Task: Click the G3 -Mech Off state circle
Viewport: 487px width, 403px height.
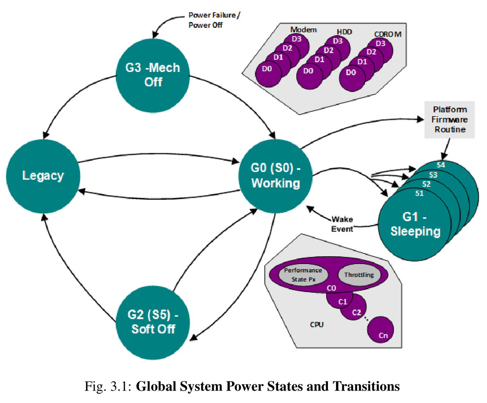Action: point(153,75)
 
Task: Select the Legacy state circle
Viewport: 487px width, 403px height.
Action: point(43,176)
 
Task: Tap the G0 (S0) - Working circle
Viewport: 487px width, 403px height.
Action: point(275,176)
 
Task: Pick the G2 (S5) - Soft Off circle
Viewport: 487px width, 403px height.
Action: point(153,322)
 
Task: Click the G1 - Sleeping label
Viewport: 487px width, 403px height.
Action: point(415,224)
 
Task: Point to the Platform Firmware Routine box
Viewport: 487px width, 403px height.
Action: point(449,119)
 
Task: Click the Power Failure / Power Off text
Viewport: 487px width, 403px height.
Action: point(214,20)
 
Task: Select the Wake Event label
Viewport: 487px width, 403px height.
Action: point(342,224)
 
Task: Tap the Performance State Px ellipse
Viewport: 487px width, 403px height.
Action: point(303,274)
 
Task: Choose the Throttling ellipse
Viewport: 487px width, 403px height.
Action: point(359,275)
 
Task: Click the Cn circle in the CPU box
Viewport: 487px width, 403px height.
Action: point(381,330)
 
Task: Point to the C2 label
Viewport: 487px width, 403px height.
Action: point(356,312)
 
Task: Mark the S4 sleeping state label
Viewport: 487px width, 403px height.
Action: point(441,165)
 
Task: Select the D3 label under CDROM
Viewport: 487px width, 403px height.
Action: point(380,43)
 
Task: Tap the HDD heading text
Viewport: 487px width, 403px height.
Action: point(344,32)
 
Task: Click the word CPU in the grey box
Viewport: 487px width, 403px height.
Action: point(317,325)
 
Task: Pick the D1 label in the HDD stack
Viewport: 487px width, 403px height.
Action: point(319,59)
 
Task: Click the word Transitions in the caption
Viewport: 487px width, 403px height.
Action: point(366,386)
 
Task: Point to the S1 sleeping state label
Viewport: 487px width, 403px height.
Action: point(419,193)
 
